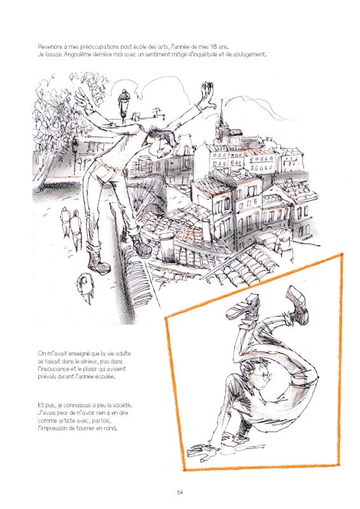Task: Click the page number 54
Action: coord(180,492)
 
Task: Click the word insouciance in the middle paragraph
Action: coord(53,369)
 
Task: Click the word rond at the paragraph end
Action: coord(110,428)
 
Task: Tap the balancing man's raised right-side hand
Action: coord(207,95)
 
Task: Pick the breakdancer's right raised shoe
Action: coord(297,304)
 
